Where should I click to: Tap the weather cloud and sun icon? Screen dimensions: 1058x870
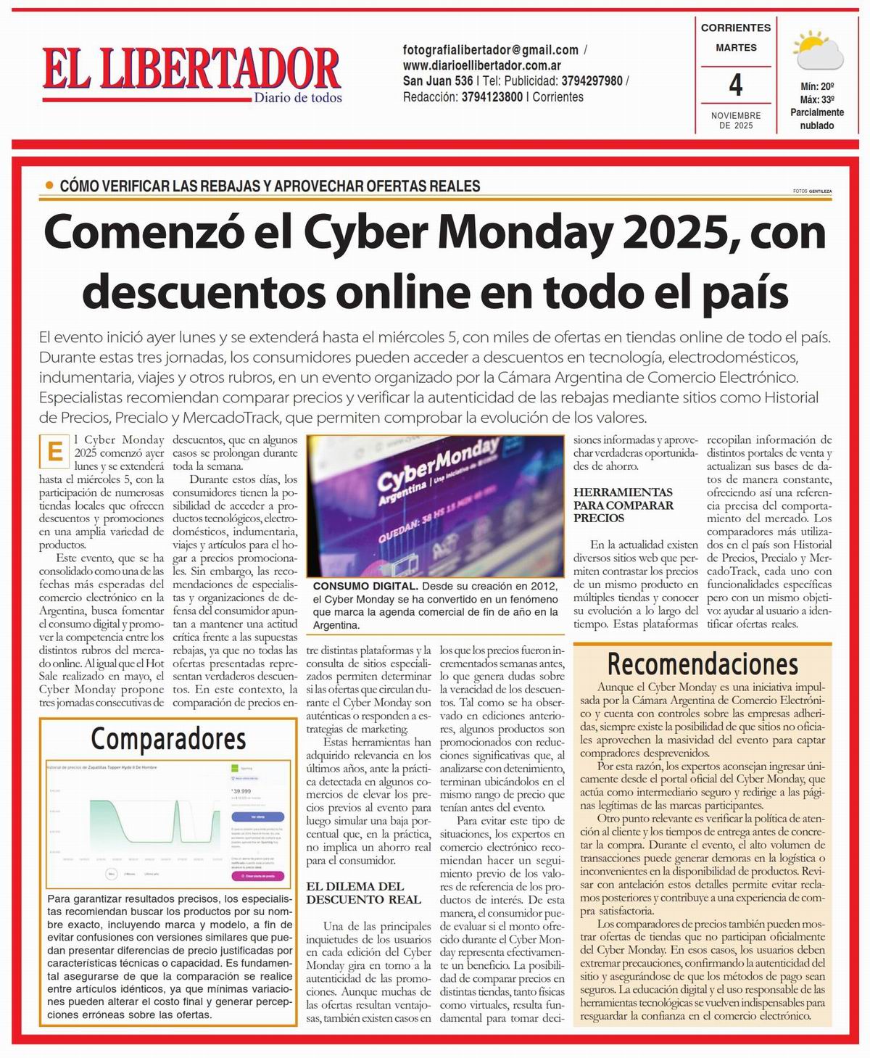817,51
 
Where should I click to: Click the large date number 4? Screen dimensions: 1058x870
735,86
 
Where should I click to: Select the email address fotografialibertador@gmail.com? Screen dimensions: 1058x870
491,50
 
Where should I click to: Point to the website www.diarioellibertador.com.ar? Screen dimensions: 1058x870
482,65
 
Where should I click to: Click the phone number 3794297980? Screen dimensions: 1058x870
592,81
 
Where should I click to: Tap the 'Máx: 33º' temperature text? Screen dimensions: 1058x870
817,99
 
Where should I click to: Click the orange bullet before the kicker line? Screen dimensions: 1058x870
49,186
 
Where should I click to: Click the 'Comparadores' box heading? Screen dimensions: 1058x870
168,739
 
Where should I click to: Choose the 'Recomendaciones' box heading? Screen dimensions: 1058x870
702,664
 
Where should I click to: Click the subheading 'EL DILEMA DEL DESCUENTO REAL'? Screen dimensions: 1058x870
362,893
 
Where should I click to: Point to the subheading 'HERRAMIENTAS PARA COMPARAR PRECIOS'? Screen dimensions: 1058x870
623,505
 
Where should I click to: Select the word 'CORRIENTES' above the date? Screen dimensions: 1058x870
735,28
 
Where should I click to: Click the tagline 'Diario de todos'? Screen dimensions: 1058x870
297,98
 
